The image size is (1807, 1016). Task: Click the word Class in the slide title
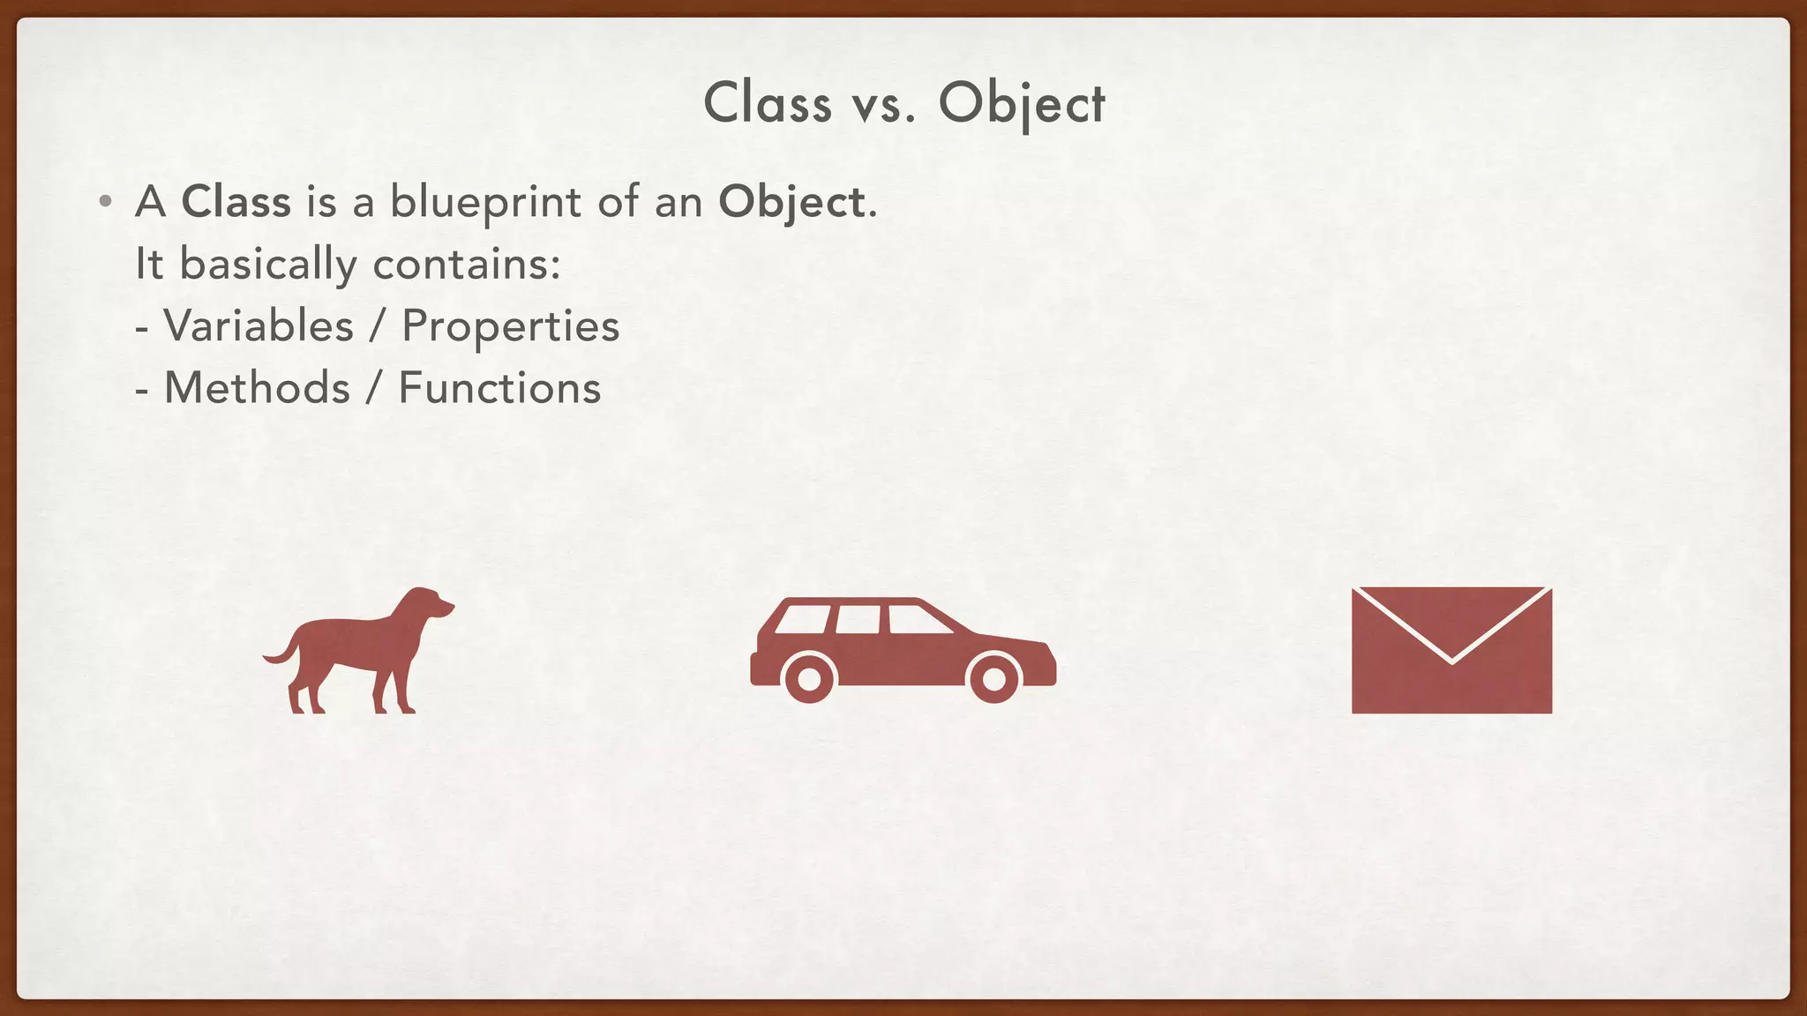(x=768, y=103)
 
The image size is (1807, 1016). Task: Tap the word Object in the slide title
(x=1021, y=103)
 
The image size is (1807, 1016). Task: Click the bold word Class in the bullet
(x=236, y=201)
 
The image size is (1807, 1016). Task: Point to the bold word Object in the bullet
(x=791, y=202)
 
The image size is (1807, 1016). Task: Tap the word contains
(x=466, y=264)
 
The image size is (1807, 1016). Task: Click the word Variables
(x=259, y=325)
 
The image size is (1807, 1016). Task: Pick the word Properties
(x=510, y=326)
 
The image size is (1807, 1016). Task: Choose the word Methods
(x=257, y=388)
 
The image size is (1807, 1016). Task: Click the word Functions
(x=499, y=388)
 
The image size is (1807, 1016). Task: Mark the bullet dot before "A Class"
(x=105, y=202)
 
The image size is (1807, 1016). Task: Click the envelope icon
(x=1451, y=650)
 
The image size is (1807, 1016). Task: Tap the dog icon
(x=353, y=653)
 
